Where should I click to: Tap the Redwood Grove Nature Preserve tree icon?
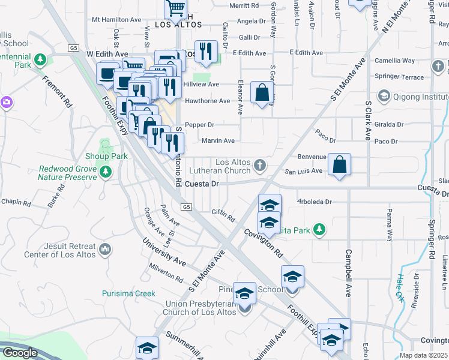point(106,173)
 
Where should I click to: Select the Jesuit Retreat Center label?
point(59,251)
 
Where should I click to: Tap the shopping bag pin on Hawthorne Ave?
point(262,93)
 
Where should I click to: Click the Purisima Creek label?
point(128,293)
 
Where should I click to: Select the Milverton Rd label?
point(166,274)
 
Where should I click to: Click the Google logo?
point(19,353)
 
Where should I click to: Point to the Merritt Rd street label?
point(244,5)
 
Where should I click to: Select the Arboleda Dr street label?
point(315,202)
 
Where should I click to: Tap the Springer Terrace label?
point(399,77)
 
